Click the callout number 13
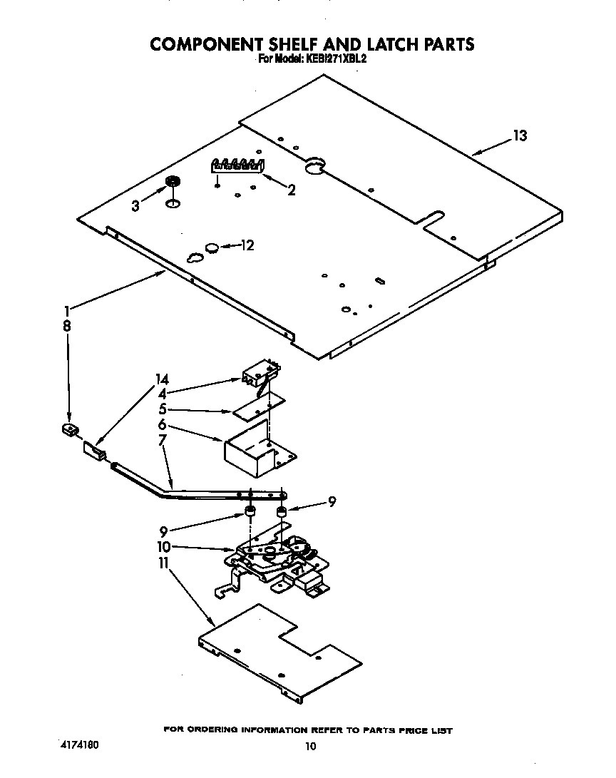520,136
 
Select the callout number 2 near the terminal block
291,190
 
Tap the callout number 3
135,206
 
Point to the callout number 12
247,246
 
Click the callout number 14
163,379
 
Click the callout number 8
67,325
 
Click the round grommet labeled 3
171,183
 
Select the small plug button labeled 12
212,247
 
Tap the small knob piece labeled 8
68,429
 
